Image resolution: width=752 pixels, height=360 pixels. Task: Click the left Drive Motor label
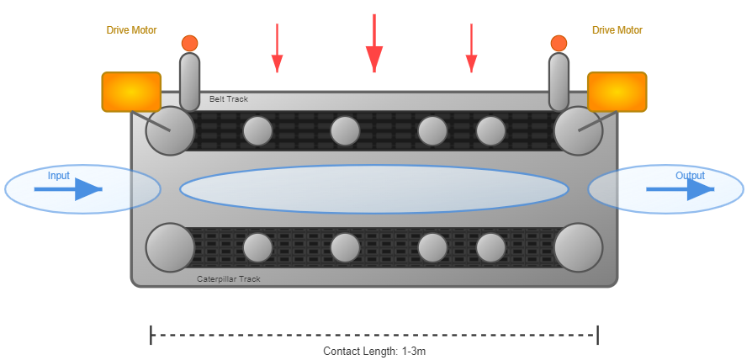[x=131, y=30]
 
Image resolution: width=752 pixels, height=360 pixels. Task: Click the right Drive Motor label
[x=617, y=30]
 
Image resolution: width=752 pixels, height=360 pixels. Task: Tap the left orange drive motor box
[x=131, y=92]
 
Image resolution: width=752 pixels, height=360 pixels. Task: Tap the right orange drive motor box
[x=617, y=92]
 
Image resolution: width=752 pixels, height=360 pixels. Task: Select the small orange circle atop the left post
[x=190, y=43]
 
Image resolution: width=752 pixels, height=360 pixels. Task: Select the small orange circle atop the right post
[x=559, y=43]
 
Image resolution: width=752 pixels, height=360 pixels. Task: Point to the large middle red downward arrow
[x=374, y=46]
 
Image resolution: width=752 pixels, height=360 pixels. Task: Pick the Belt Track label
[x=229, y=99]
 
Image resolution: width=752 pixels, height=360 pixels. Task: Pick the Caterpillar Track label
[x=229, y=278]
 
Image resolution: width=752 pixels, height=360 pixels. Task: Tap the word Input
[x=59, y=176]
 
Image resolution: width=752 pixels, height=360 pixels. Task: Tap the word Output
[x=690, y=176]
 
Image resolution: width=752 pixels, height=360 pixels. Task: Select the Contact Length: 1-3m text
[x=374, y=351]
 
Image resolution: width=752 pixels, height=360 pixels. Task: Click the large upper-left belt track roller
[x=170, y=130]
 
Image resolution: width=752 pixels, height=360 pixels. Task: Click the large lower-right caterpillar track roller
[x=579, y=247]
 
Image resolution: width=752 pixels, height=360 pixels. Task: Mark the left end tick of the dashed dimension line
[x=151, y=335]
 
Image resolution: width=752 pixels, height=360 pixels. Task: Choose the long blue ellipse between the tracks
[x=374, y=189]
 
